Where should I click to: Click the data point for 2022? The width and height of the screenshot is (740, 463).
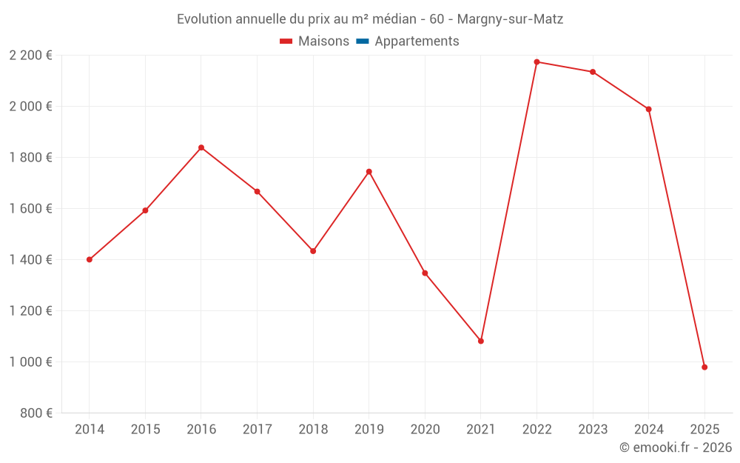(536, 61)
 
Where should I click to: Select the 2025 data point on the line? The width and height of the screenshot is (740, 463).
(704, 367)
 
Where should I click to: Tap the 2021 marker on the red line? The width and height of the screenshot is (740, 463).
(481, 341)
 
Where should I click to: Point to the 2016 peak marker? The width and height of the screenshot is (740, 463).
(201, 147)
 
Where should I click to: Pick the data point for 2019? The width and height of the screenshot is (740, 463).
(369, 171)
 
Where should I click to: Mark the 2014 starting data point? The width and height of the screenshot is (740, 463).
(90, 259)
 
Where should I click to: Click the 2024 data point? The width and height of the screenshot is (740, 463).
(649, 109)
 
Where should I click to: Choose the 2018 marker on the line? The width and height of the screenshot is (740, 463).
(313, 251)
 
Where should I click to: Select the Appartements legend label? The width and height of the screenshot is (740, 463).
(417, 41)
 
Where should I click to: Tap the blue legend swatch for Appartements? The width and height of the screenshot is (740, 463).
(363, 41)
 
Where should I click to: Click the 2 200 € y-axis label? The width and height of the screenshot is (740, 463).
(30, 56)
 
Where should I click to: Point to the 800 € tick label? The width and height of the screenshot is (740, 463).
(36, 413)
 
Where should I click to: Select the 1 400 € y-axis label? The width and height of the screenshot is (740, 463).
(30, 260)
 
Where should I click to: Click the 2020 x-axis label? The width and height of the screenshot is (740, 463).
(425, 430)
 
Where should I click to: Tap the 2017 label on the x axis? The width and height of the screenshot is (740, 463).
(257, 430)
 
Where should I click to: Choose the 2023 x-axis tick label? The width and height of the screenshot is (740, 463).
(593, 430)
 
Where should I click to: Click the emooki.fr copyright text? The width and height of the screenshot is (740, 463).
(676, 447)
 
